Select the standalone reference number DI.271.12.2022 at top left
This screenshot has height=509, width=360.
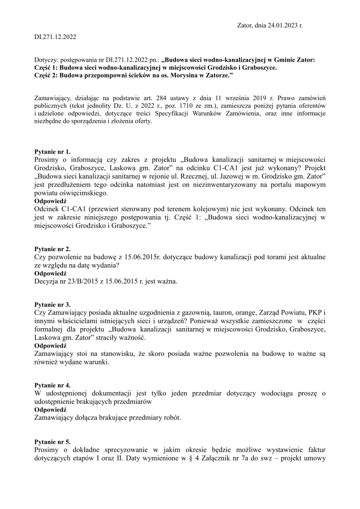pos(55,37)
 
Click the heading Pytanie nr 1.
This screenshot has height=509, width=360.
pos(53,152)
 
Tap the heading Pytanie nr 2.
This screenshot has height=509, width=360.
pos(53,249)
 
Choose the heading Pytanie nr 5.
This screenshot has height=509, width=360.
pos(53,441)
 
